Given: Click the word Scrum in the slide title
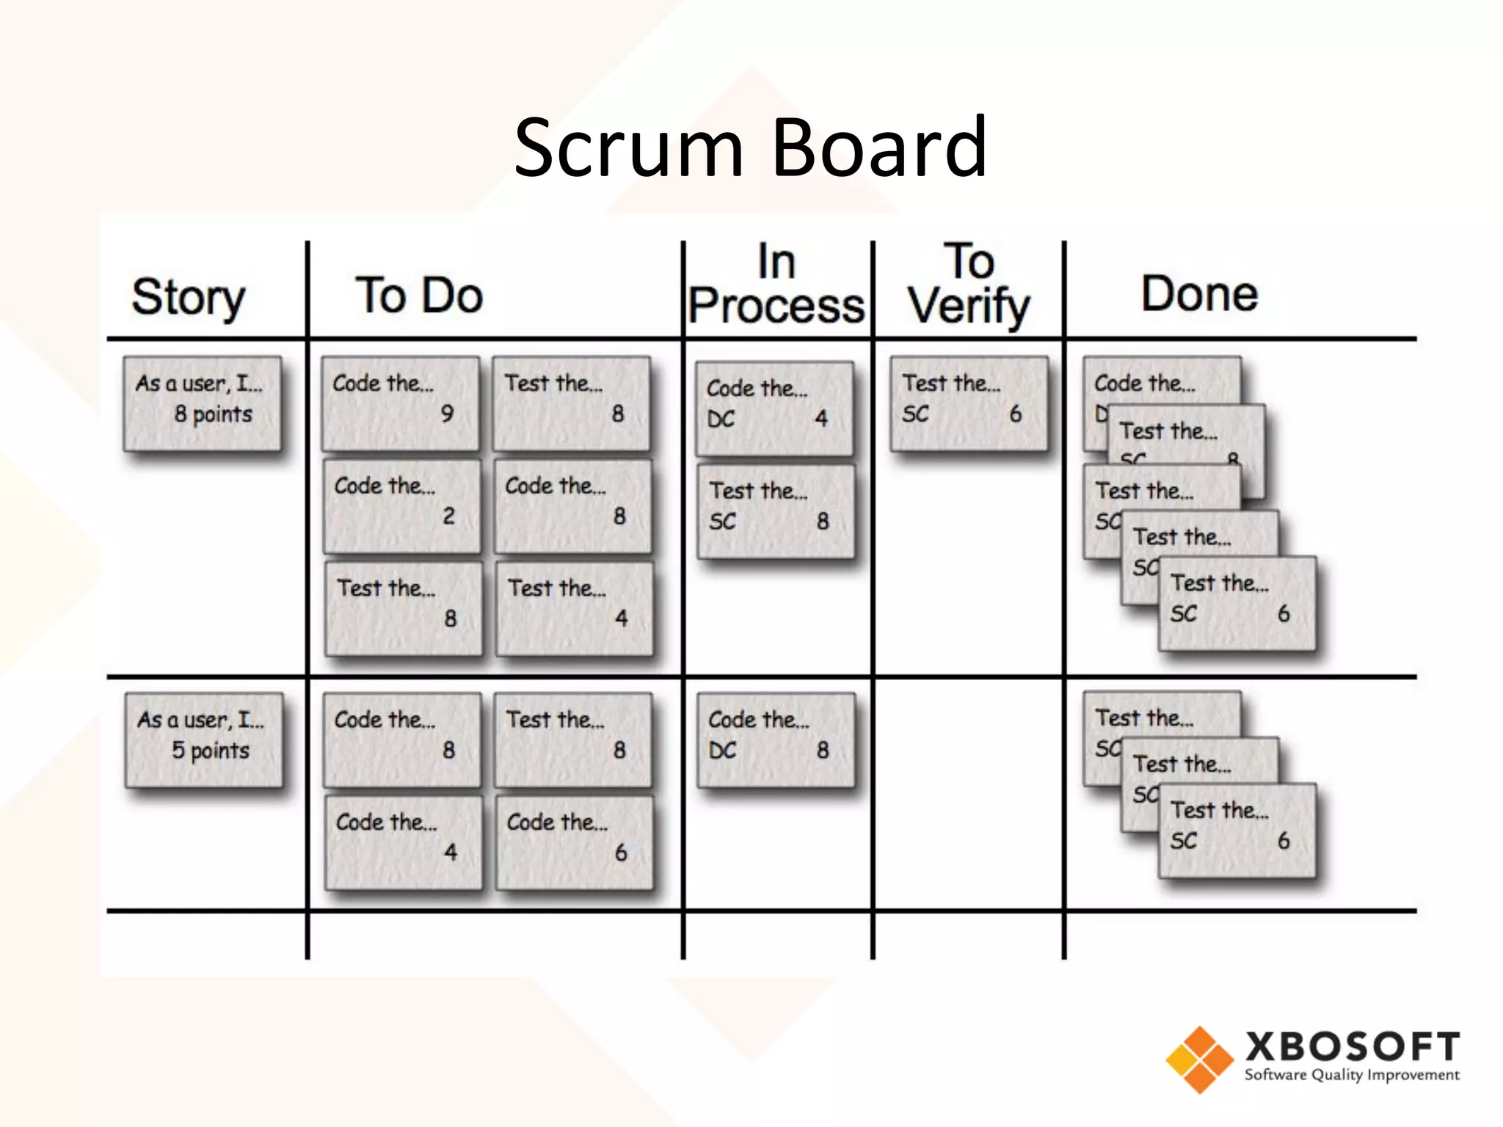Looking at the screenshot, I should tap(628, 148).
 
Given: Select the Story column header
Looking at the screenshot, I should tap(189, 297).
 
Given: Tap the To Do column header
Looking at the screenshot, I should tap(419, 296).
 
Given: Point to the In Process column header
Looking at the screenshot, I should tap(777, 285).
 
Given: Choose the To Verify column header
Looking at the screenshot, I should tap(969, 285).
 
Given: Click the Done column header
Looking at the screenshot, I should tap(1199, 294).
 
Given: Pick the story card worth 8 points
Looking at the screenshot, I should tap(203, 403).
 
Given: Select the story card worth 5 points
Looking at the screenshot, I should tap(204, 740).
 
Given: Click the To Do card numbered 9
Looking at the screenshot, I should tap(400, 403).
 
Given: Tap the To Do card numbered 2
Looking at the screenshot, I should tap(401, 506).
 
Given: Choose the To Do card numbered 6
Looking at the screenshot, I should tap(574, 842).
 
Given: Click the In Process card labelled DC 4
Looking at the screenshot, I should tap(774, 408).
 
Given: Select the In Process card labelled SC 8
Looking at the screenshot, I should tap(776, 511).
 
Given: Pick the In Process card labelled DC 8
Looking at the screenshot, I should tap(776, 740).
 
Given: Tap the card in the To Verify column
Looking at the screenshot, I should tap(969, 403).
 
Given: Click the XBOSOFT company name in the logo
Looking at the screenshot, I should tap(1352, 1047).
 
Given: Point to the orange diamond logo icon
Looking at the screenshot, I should tap(1199, 1059).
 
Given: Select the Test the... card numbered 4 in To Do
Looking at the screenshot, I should tap(574, 608).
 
